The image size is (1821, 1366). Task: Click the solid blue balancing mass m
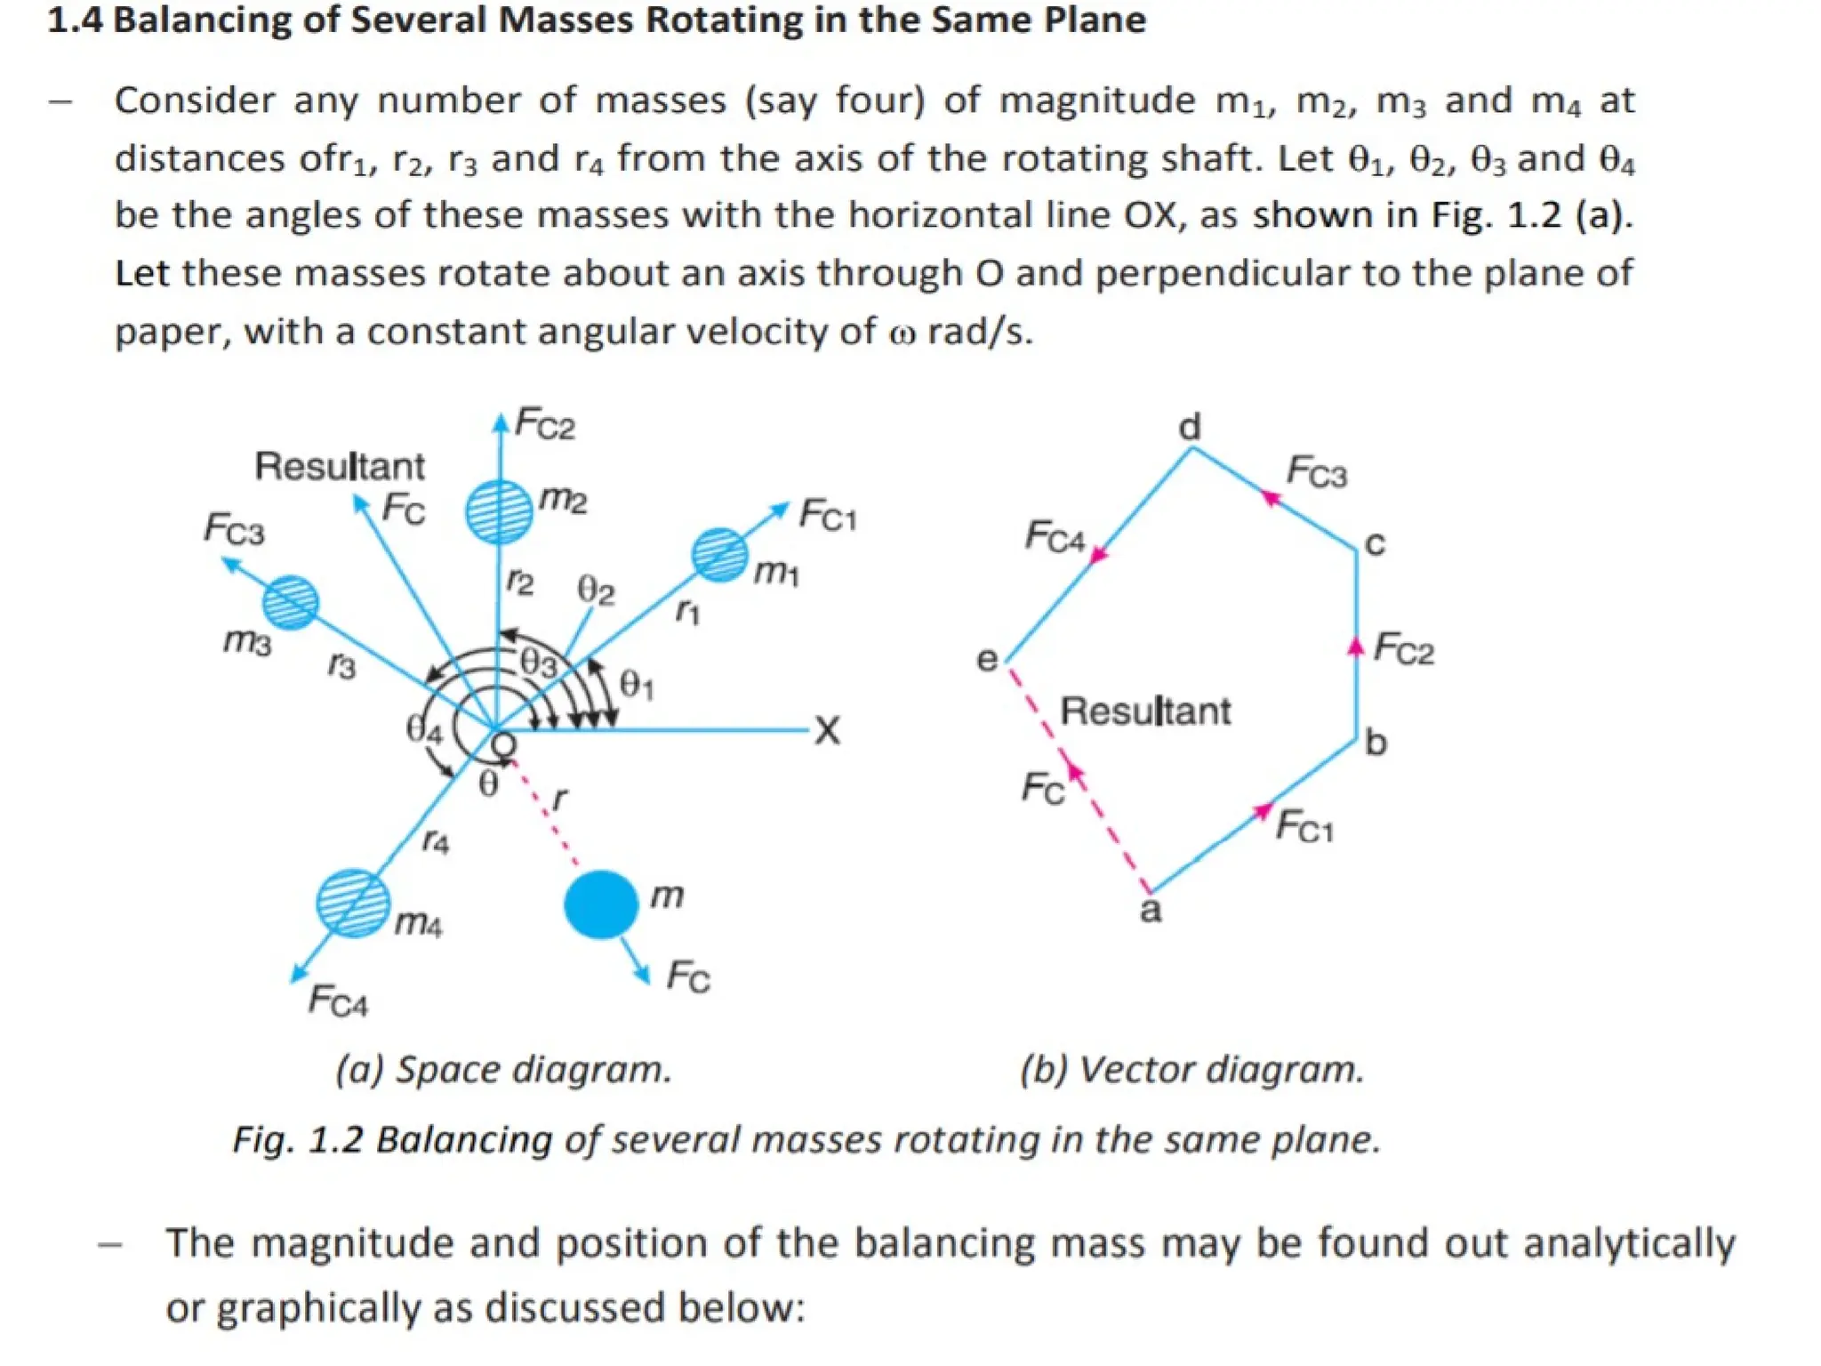(601, 904)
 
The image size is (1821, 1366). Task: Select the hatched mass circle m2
(499, 511)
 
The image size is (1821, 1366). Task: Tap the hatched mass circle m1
(719, 555)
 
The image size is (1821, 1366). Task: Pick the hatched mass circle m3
(290, 602)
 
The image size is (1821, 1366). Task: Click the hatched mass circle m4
(353, 904)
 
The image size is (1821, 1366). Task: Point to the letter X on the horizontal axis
(827, 731)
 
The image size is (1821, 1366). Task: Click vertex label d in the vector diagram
(1190, 428)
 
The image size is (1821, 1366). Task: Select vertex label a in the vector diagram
(1151, 911)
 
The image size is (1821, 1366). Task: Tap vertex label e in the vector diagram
(987, 660)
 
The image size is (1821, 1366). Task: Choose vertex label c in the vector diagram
(1375, 543)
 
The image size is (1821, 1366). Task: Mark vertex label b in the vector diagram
(1376, 742)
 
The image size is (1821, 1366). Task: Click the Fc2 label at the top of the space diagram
(545, 423)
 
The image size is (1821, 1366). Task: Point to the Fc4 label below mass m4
(338, 1001)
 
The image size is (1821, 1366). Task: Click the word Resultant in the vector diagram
(1145, 711)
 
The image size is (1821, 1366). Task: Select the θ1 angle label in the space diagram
(637, 685)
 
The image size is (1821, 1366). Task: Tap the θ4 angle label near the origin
(423, 729)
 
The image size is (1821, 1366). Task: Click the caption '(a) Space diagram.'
(503, 1069)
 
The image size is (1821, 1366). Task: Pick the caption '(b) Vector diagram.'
(1191, 1069)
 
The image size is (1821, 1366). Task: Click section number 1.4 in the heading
(75, 20)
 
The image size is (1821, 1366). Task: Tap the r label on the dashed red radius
(559, 798)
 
